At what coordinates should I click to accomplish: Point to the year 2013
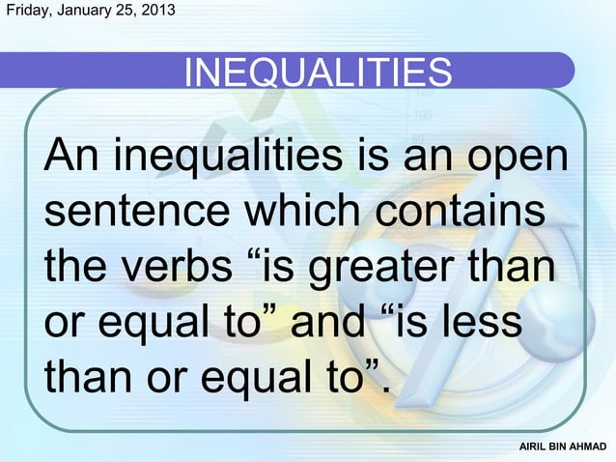pos(158,13)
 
